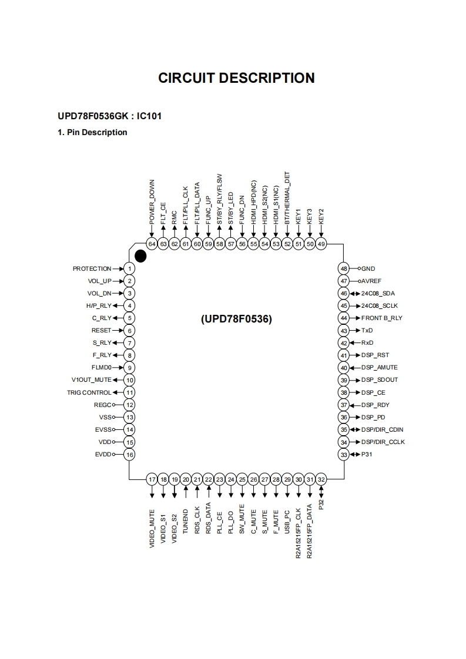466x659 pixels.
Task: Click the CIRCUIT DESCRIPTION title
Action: click(236, 78)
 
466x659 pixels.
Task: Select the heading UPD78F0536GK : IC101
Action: click(109, 116)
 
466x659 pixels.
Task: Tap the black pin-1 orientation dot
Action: click(140, 255)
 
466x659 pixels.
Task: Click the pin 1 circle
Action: click(130, 268)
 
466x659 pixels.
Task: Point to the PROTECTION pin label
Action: click(92, 268)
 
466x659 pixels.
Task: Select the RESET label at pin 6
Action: click(102, 331)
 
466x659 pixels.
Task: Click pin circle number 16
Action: click(130, 455)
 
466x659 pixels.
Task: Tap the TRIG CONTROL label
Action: click(89, 392)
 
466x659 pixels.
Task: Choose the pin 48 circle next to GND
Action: click(344, 268)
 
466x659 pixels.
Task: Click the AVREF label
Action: click(371, 281)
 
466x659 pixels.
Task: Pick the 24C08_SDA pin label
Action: click(378, 293)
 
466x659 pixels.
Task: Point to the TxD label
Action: click(367, 331)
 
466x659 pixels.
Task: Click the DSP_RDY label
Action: click(376, 405)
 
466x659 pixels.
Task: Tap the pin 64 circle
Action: click(152, 244)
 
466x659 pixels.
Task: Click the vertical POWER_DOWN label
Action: click(152, 203)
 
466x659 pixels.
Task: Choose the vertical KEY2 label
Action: click(321, 215)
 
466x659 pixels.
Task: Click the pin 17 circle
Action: click(152, 479)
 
